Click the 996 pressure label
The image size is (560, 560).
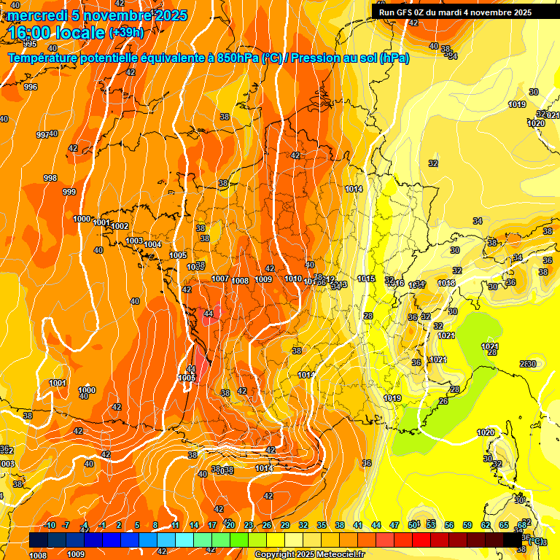[x=30, y=87]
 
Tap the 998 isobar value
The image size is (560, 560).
[x=50, y=178]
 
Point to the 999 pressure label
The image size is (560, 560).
[x=69, y=192]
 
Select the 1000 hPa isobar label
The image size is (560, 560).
[x=82, y=219]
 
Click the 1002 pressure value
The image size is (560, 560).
[x=120, y=226]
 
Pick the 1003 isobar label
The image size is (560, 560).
[x=134, y=241]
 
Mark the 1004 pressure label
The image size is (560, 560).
[x=152, y=244]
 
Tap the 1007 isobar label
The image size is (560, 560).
[x=220, y=279]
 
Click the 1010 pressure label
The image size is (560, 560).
[x=293, y=279]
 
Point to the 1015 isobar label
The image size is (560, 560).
[x=366, y=279]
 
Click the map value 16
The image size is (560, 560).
[x=367, y=463]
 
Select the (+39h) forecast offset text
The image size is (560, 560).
[x=125, y=33]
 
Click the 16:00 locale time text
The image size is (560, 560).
[x=56, y=33]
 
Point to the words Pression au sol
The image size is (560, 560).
[x=333, y=58]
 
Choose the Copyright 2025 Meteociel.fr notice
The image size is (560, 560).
[x=309, y=554]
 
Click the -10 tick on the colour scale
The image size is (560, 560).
[x=50, y=525]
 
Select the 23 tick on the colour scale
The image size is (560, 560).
[x=249, y=525]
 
